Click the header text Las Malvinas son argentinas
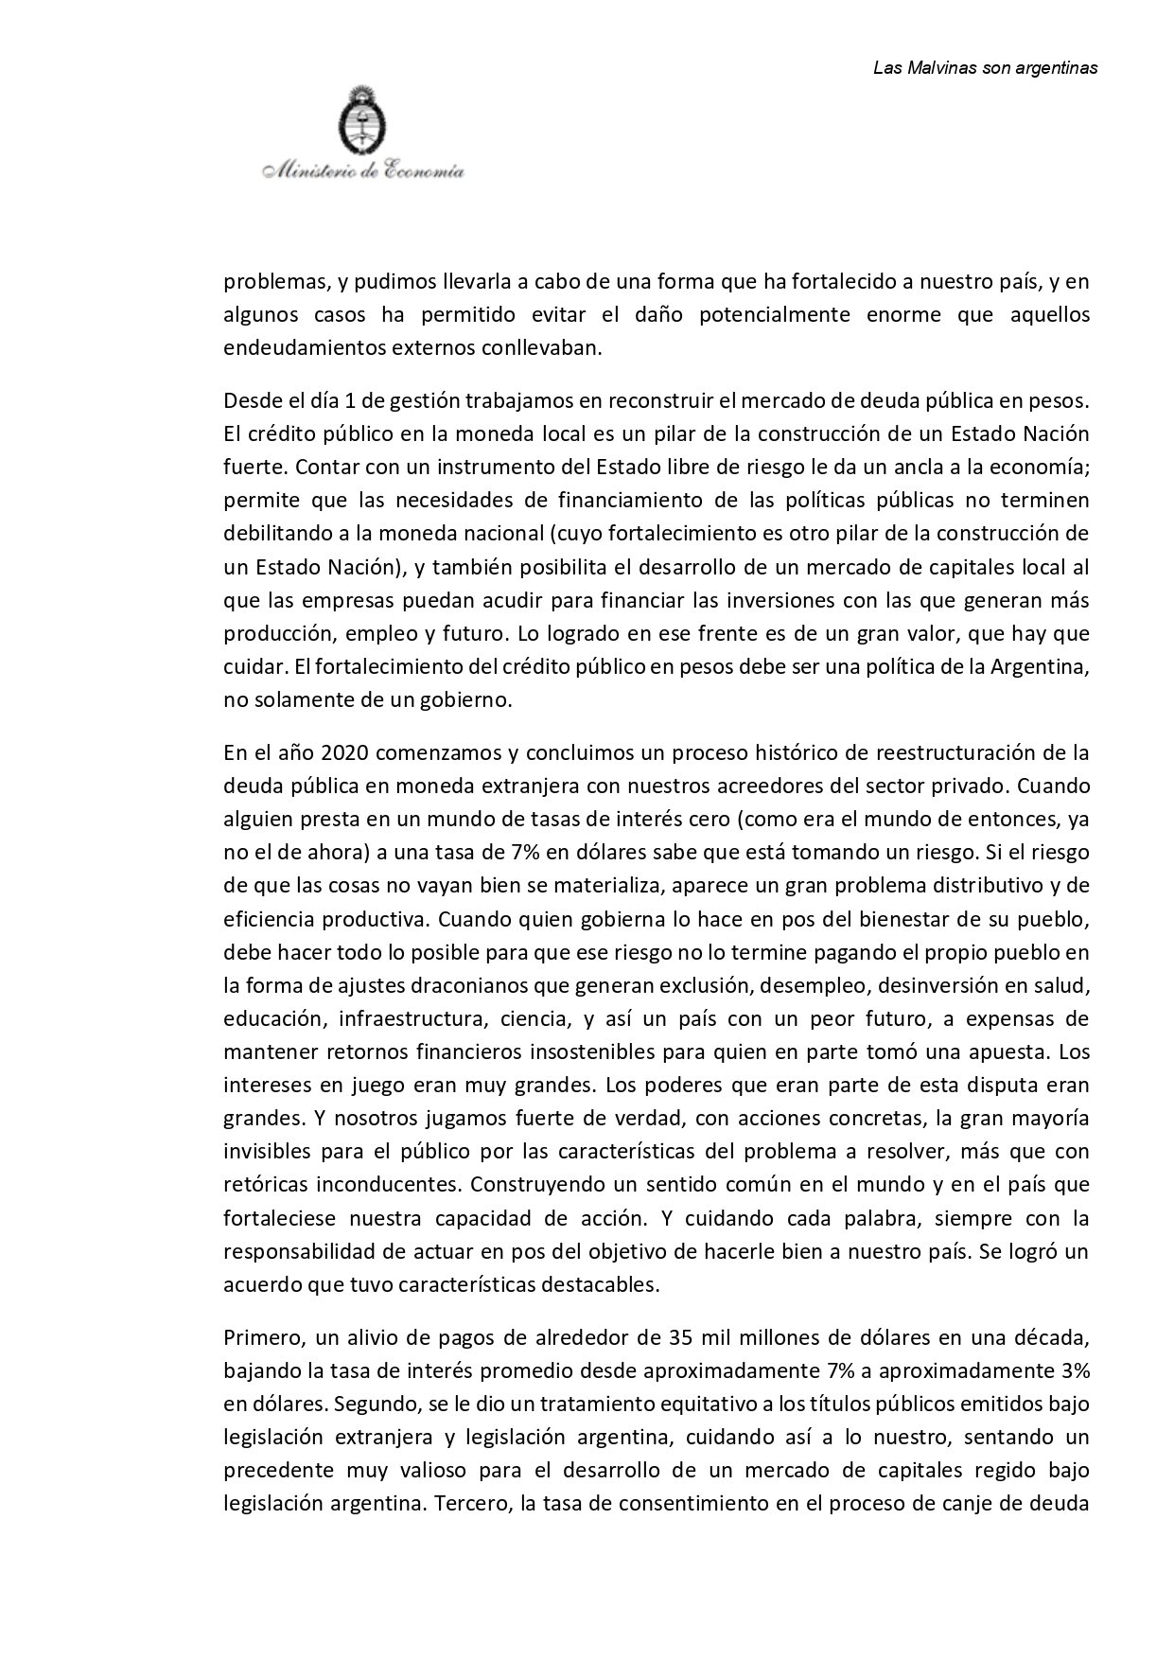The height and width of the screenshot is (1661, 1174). pos(985,68)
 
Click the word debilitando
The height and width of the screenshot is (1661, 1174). pos(272,534)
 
